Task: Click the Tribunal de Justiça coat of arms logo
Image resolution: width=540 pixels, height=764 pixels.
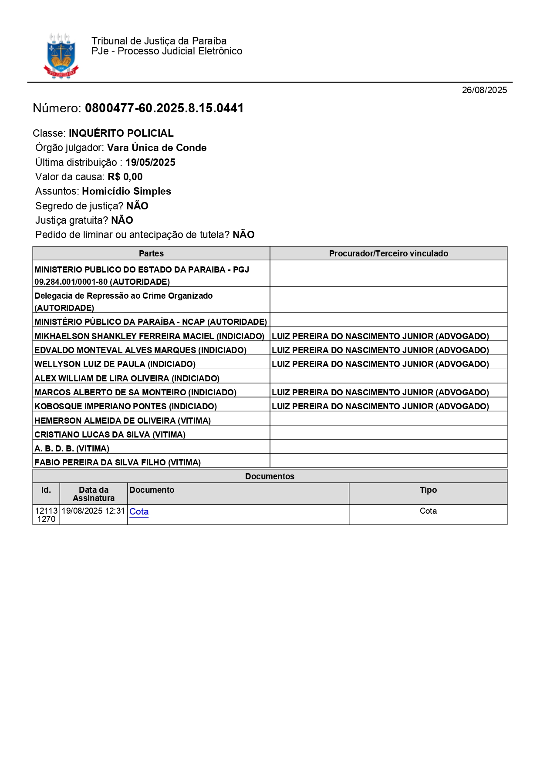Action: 61,56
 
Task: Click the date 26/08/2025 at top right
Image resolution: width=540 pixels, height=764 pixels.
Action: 484,90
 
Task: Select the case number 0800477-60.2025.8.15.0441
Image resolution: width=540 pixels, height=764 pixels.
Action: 164,108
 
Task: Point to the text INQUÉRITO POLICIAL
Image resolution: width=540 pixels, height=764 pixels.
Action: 121,133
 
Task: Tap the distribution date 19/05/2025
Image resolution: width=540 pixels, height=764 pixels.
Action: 150,162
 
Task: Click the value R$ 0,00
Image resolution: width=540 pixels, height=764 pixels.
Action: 125,177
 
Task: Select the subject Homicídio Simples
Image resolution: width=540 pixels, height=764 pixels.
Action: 126,191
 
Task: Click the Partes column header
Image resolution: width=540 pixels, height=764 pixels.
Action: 151,253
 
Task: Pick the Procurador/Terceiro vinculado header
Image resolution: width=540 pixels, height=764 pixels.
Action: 388,253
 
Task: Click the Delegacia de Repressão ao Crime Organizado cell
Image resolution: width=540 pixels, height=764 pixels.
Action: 124,301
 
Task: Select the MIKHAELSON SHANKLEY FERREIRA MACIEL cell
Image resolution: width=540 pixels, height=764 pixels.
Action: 149,336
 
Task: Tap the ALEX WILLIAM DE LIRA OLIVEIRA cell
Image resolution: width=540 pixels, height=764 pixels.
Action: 127,378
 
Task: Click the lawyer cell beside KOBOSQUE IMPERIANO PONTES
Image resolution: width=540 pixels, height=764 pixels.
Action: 380,406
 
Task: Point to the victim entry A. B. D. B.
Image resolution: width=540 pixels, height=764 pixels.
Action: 72,448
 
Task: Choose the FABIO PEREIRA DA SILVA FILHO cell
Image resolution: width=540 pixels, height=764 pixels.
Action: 118,462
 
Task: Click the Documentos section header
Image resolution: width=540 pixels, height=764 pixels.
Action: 270,476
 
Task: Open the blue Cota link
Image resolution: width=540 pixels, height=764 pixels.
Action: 139,512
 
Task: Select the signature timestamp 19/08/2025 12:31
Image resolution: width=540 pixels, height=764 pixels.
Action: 93,511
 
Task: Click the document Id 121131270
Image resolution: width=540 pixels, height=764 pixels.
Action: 46,515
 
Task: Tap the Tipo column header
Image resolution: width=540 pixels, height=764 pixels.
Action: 428,490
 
